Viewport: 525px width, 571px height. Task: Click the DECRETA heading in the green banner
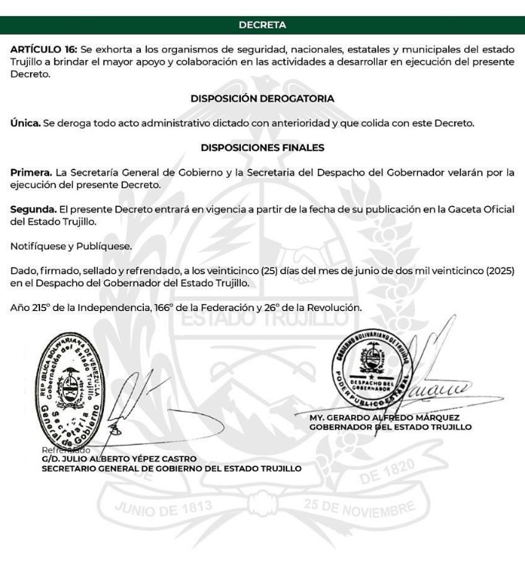click(x=262, y=25)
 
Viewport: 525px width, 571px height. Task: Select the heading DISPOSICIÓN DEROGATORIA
click(x=262, y=99)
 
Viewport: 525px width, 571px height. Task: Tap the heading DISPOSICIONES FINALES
click(x=262, y=147)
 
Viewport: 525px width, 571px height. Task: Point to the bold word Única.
click(x=25, y=123)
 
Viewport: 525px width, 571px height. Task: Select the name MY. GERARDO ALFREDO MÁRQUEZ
click(x=384, y=417)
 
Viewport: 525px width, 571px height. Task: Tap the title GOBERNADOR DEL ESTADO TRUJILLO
click(x=390, y=426)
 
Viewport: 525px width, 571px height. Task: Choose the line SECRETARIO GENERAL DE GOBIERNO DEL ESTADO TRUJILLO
click(x=172, y=468)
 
